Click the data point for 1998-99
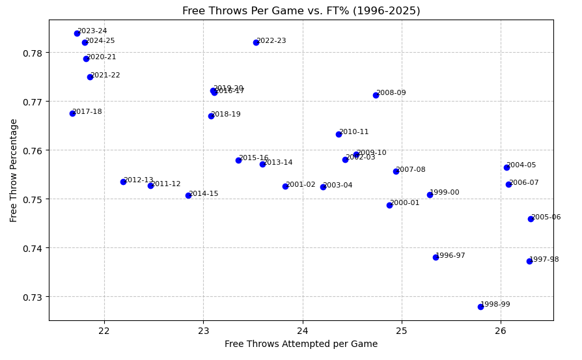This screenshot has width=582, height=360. point(480,307)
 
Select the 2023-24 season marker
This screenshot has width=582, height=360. point(77,33)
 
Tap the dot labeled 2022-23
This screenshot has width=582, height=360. point(256,42)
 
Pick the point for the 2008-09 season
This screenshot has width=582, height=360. point(376,95)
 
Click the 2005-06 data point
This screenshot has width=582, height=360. point(531,219)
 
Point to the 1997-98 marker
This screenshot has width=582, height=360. point(529,261)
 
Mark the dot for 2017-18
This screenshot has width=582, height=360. point(72,113)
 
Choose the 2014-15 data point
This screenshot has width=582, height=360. point(188,195)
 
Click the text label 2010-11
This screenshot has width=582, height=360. point(354,132)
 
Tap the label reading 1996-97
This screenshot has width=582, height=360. point(450,256)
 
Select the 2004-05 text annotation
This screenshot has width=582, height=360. point(521,165)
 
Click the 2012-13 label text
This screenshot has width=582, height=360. point(139,180)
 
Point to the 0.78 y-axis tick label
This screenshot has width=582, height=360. point(33,53)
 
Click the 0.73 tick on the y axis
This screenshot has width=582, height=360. point(33,297)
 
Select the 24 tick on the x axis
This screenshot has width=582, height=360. point(302,330)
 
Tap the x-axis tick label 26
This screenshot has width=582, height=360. point(501,330)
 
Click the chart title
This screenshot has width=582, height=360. point(301,11)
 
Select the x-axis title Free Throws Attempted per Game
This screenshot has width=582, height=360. point(301,344)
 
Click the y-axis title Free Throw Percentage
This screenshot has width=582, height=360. point(14,170)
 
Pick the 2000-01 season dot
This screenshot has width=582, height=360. point(389,205)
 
